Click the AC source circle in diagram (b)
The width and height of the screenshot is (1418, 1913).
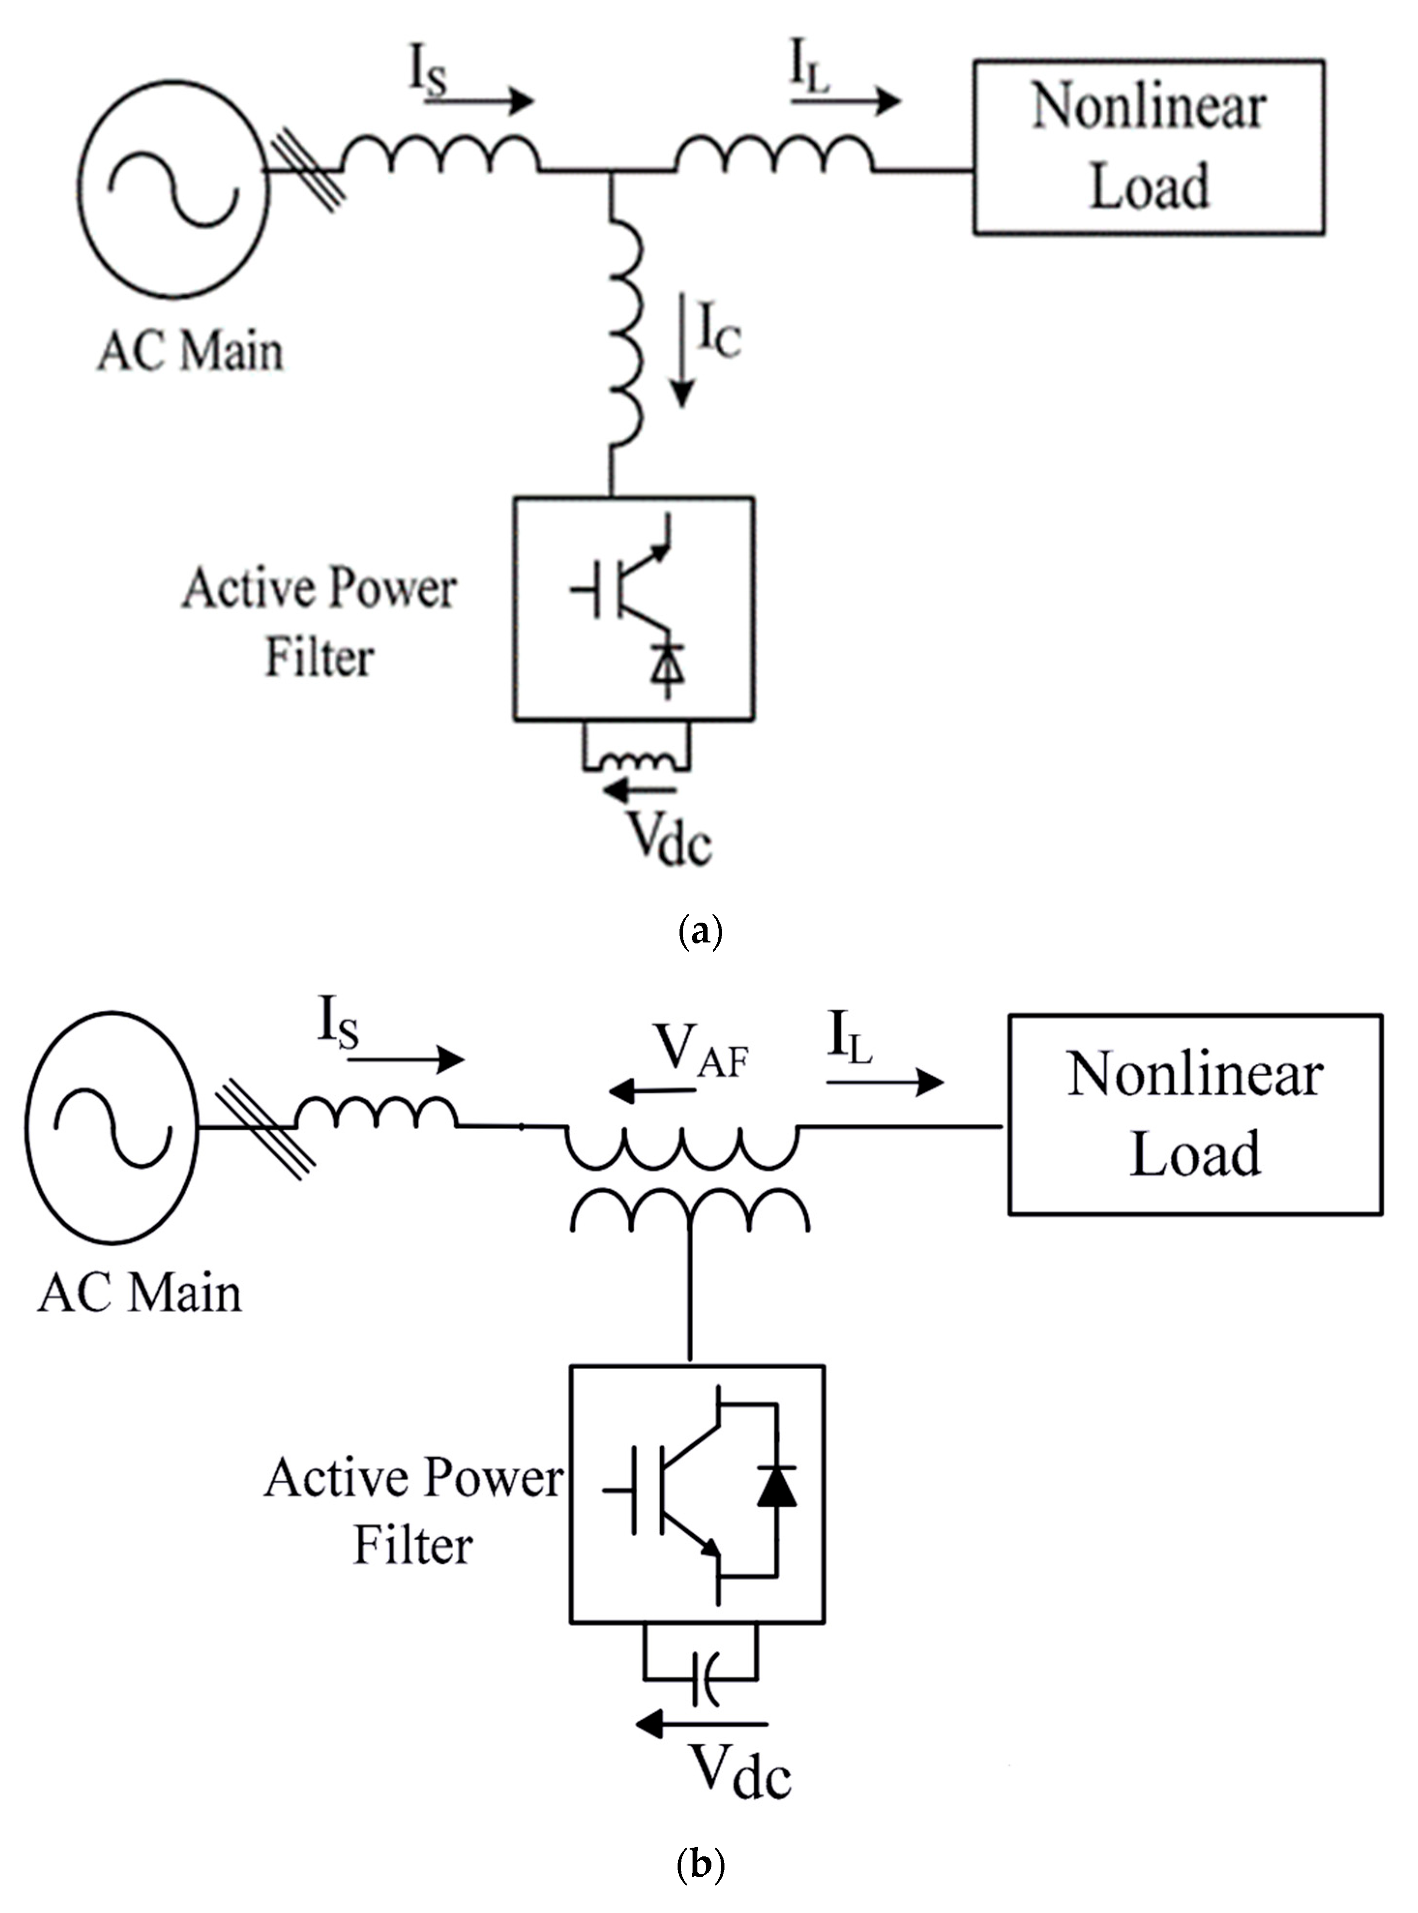coord(112,1126)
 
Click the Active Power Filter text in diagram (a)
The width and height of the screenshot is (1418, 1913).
coord(319,623)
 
